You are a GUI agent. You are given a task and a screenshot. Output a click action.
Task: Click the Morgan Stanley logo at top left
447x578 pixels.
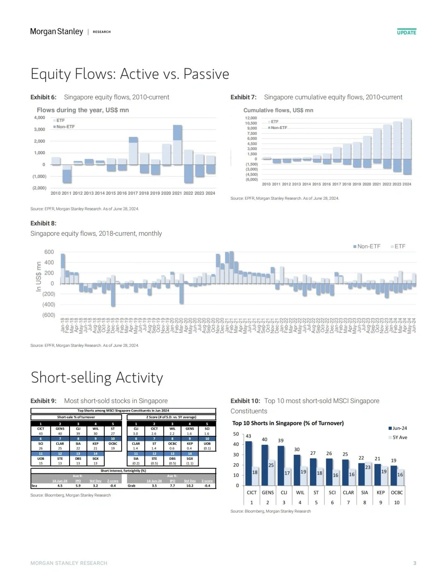[57, 32]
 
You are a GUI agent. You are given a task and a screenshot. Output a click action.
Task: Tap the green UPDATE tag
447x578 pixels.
[406, 32]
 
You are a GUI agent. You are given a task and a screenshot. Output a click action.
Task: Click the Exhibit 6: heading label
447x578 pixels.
[43, 97]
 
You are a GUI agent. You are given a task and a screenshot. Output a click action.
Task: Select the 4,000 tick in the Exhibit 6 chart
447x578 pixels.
[40, 118]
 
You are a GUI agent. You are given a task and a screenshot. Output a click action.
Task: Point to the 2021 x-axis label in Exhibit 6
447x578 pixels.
[177, 193]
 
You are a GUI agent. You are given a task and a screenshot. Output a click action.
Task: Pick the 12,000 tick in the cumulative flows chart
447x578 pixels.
[251, 118]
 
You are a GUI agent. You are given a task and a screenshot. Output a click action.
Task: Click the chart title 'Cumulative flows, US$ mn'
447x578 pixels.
[278, 110]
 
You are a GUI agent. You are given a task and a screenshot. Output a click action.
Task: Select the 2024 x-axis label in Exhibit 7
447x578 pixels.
[407, 184]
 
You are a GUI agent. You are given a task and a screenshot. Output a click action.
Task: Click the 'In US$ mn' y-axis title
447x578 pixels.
[39, 277]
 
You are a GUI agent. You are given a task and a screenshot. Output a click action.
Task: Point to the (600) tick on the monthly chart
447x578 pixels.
[49, 315]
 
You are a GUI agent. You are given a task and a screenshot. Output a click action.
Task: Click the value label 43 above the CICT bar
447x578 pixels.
[248, 436]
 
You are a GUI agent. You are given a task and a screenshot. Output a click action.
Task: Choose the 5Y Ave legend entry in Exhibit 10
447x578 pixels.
[399, 437]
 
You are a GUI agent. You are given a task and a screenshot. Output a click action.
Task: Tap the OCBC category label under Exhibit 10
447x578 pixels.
[397, 492]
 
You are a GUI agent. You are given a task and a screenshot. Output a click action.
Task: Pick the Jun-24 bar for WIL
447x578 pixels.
[297, 470]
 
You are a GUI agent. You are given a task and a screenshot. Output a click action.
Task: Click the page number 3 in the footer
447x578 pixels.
[415, 563]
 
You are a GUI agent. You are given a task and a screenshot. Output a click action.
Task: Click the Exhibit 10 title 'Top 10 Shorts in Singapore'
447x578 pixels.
[288, 423]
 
